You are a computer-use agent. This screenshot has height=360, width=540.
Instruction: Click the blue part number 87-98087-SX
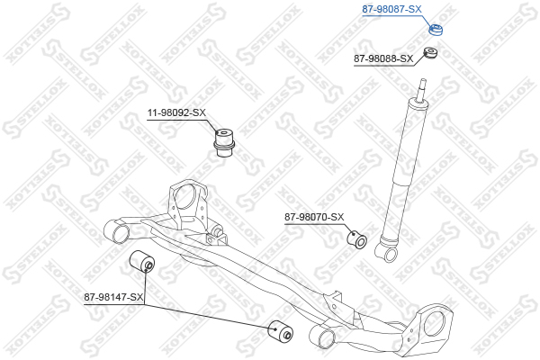(391, 9)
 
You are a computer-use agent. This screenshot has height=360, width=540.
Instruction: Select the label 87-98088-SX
(383, 58)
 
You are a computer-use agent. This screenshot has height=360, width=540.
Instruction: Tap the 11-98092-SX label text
(176, 112)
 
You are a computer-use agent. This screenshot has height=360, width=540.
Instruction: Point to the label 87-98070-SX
(314, 217)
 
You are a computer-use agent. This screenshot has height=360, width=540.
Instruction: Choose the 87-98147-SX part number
(113, 297)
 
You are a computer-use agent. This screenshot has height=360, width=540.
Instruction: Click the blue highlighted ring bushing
(436, 30)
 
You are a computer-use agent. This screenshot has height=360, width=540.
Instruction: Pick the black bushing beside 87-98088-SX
(430, 52)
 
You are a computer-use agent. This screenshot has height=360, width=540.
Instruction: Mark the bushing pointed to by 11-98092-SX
(224, 142)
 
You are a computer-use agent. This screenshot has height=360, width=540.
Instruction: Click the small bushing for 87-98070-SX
(356, 239)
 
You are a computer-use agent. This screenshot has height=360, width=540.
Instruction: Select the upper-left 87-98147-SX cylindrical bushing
(142, 261)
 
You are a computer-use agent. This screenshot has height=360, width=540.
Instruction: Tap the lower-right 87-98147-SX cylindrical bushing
(280, 331)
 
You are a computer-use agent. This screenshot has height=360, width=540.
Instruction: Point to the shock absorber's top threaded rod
(421, 91)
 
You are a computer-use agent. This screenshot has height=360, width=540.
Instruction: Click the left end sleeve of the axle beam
(117, 232)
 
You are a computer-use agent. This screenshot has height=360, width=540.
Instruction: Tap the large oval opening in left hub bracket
(184, 197)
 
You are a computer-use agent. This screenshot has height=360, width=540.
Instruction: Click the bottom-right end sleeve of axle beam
(322, 337)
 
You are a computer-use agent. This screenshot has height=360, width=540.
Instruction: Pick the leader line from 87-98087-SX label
(426, 21)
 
